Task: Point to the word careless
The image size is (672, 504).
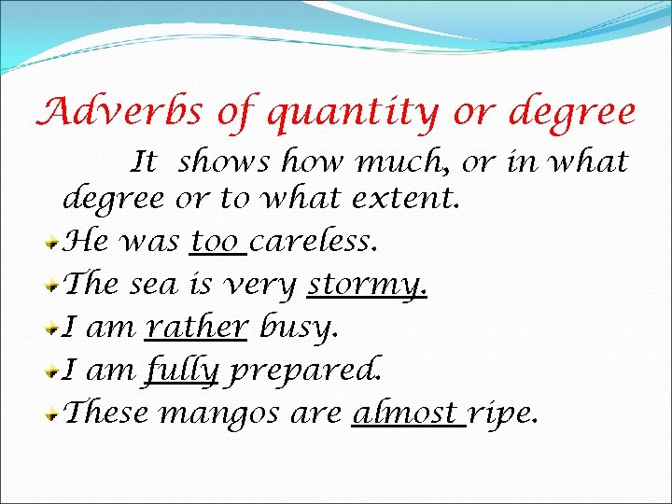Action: [314, 243]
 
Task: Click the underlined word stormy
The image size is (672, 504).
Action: [367, 285]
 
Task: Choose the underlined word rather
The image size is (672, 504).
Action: [197, 327]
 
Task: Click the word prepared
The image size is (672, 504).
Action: [305, 371]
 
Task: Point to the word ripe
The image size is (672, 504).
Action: [503, 414]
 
